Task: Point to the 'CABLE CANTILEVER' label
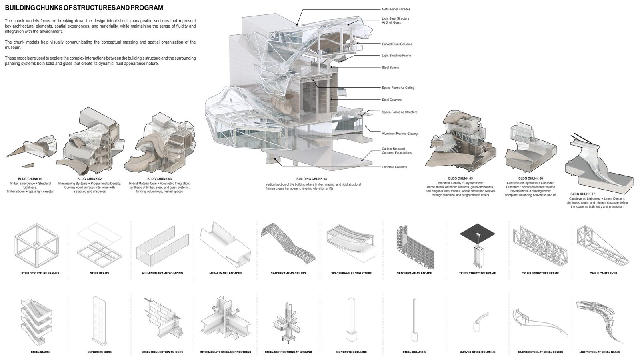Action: (x=603, y=273)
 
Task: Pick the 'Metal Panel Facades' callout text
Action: (x=396, y=9)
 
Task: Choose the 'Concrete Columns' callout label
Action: (x=394, y=167)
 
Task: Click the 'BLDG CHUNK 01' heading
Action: (x=30, y=178)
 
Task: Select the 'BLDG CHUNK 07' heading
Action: (x=583, y=194)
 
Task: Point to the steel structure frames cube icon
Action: (x=37, y=243)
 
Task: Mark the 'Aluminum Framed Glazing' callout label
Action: (x=400, y=134)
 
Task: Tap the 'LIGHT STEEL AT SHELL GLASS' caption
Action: (x=602, y=352)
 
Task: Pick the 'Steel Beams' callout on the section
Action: (x=390, y=68)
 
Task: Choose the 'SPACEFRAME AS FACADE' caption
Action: (x=414, y=273)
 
